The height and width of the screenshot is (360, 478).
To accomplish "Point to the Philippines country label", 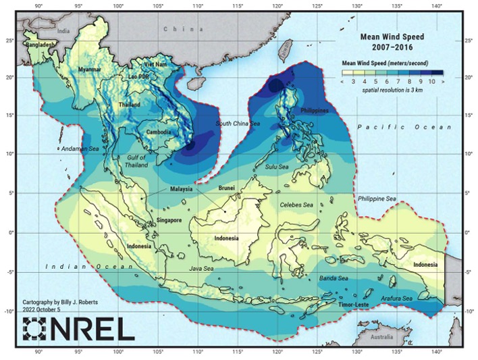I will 314,110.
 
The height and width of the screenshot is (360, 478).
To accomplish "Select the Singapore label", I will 169,220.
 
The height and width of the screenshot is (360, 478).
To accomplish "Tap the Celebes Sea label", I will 298,204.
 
